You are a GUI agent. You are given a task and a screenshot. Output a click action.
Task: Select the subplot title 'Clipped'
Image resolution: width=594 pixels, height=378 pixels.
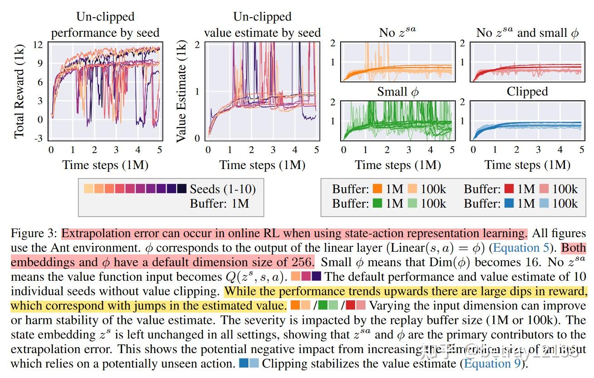(x=527, y=92)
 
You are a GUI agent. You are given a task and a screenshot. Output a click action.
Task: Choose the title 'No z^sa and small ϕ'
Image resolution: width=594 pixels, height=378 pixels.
(x=527, y=33)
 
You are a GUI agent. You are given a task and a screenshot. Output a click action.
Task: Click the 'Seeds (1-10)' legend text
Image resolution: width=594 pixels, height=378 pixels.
(x=223, y=189)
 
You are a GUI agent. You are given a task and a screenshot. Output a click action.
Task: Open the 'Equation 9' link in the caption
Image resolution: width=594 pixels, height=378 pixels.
(x=494, y=364)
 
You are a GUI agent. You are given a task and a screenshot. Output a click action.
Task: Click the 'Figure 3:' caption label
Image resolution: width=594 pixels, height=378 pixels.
(x=35, y=234)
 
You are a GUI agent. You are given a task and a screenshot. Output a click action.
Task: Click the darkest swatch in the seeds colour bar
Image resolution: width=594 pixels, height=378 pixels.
(x=182, y=189)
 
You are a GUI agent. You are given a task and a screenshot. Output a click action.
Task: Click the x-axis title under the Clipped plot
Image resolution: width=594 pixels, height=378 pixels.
(x=527, y=164)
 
